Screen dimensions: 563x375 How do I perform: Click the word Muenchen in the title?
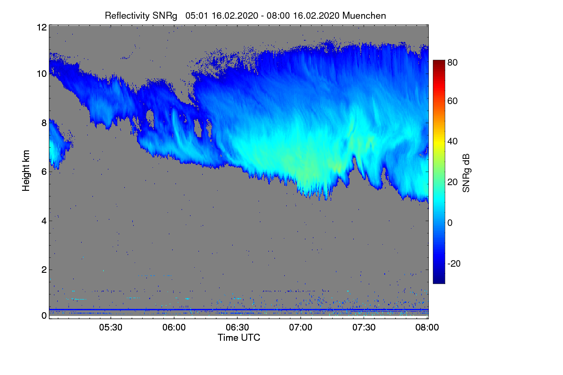[x=364, y=15]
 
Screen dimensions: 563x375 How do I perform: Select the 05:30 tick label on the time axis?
[x=111, y=327]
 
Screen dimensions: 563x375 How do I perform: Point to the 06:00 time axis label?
[x=174, y=327]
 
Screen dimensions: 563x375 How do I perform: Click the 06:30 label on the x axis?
[x=237, y=327]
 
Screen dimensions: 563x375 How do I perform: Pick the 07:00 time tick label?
[x=301, y=327]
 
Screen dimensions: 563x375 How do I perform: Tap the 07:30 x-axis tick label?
[x=364, y=327]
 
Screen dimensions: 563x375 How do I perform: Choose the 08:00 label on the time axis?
[x=427, y=327]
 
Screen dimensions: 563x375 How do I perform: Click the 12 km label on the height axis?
[x=42, y=27]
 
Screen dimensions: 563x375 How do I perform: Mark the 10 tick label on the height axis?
[x=42, y=74]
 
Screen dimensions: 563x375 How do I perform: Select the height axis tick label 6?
[x=44, y=172]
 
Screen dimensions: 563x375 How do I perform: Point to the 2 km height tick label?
[x=44, y=270]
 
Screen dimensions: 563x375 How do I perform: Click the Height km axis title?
[x=26, y=171]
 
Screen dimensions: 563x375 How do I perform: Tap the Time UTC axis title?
[x=239, y=337]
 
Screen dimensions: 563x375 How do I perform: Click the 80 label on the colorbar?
[x=452, y=62]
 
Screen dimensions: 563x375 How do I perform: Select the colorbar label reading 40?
[x=452, y=142]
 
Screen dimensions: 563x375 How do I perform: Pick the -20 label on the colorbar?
[x=454, y=263]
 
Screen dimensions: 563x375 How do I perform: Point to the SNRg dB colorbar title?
[x=466, y=173]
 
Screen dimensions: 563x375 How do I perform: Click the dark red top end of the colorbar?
[x=439, y=61]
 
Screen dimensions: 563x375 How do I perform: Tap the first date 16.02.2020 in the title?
[x=235, y=15]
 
